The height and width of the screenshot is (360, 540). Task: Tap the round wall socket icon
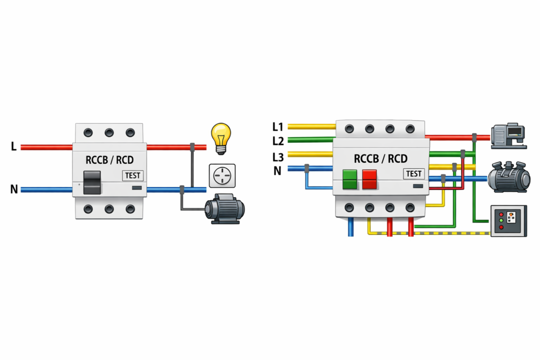click(x=220, y=176)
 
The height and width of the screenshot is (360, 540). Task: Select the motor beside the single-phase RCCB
click(x=226, y=209)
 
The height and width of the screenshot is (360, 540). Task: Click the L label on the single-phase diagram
click(x=14, y=147)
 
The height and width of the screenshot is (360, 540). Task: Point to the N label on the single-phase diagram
click(x=14, y=189)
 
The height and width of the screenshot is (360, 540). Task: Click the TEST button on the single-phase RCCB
click(x=132, y=176)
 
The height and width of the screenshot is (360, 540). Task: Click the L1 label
click(x=278, y=127)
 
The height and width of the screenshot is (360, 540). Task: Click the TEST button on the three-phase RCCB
click(x=414, y=173)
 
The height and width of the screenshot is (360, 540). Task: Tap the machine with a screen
click(x=509, y=135)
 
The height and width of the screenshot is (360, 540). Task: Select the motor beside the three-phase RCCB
click(x=508, y=177)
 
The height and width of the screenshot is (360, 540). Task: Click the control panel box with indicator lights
click(x=508, y=220)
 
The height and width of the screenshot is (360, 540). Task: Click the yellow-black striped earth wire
click(x=454, y=232)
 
